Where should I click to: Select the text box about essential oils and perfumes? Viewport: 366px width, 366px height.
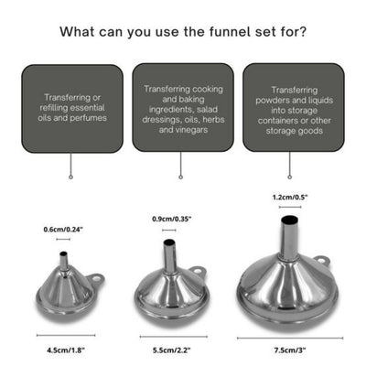click(x=71, y=107)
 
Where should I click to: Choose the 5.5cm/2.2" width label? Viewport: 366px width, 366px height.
click(x=170, y=349)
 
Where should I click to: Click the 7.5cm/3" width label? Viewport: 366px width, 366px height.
click(x=289, y=349)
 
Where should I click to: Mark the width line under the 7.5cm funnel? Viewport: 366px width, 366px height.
click(x=289, y=337)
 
